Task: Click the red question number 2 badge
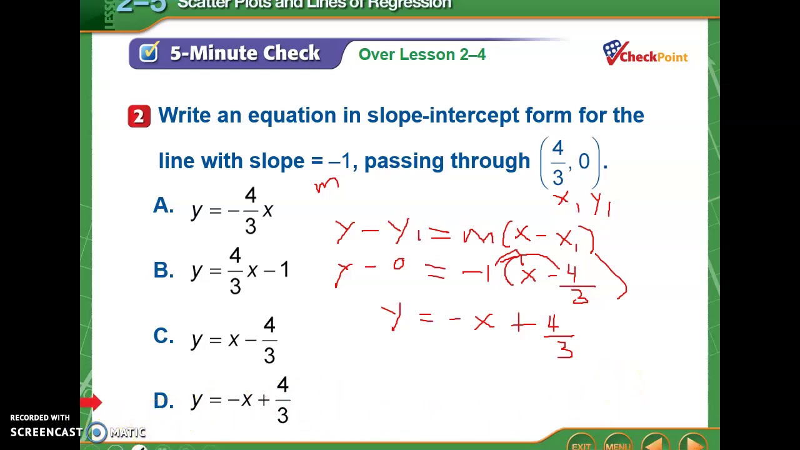pos(139,116)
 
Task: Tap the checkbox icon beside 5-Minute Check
pos(149,52)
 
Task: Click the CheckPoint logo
pos(644,54)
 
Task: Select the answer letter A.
pos(163,206)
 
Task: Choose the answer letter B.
pos(163,270)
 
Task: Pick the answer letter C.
pos(163,336)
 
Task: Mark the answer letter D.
pos(163,401)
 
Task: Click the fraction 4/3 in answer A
pos(251,211)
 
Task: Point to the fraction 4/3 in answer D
pos(282,400)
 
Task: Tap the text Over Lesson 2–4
pos(422,54)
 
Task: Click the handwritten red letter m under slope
pos(326,185)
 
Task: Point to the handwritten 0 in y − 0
pos(399,265)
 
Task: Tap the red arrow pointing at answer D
pos(91,402)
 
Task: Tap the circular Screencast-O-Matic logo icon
pos(97,432)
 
